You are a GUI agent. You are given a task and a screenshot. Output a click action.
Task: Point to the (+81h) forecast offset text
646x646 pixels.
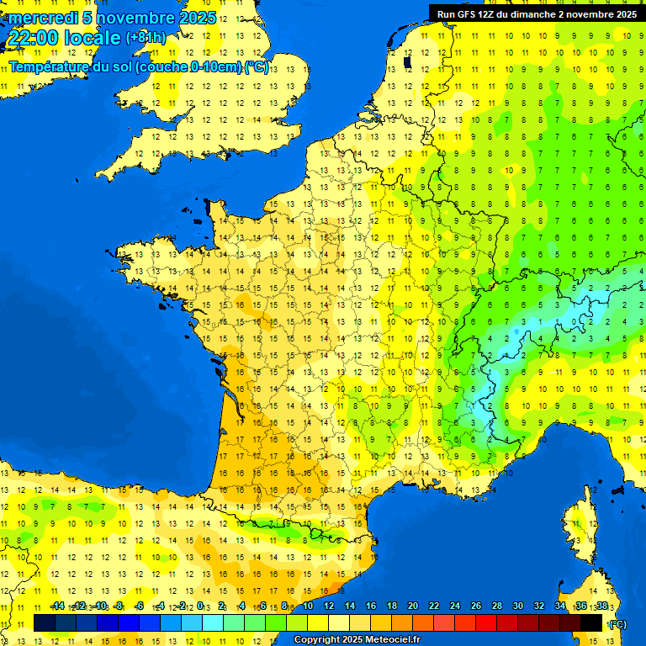pyautogui.click(x=146, y=38)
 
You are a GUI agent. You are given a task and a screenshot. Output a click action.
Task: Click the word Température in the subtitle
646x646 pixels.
pyautogui.click(x=50, y=66)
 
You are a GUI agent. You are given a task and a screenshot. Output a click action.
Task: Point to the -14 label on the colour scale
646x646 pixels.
pyautogui.click(x=57, y=606)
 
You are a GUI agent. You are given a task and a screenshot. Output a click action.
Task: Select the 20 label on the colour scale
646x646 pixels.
pyautogui.click(x=412, y=606)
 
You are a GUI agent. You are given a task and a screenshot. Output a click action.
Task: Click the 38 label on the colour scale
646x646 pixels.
pyautogui.click(x=601, y=606)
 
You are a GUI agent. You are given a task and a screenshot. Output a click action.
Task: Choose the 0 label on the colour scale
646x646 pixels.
pyautogui.click(x=202, y=606)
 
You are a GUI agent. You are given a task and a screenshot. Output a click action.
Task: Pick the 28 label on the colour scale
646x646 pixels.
pyautogui.click(x=496, y=606)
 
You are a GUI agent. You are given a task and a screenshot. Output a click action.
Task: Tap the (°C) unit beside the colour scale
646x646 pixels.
pyautogui.click(x=617, y=623)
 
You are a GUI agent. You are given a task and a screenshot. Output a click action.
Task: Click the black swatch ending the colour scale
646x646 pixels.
pyautogui.click(x=591, y=622)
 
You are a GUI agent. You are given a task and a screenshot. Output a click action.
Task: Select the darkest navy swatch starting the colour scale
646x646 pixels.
pyautogui.click(x=45, y=622)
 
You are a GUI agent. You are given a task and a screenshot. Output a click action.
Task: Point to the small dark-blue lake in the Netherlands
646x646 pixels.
pyautogui.click(x=407, y=61)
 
